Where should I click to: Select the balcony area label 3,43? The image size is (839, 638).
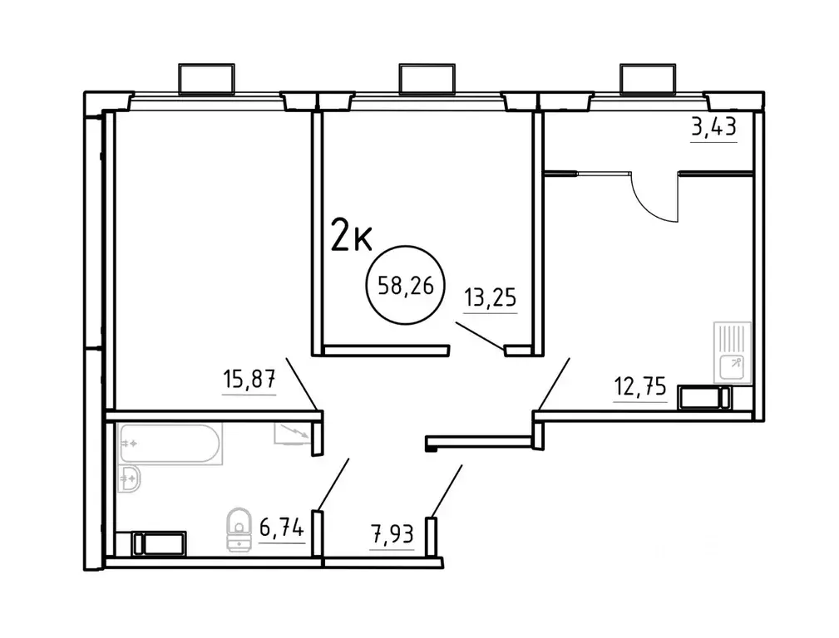(714, 129)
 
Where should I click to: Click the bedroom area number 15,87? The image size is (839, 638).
(249, 381)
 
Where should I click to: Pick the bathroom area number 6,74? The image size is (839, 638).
(282, 528)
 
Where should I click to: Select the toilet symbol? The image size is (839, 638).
(239, 528)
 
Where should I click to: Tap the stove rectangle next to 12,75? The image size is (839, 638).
(703, 398)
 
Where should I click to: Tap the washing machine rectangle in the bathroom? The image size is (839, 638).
(161, 543)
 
